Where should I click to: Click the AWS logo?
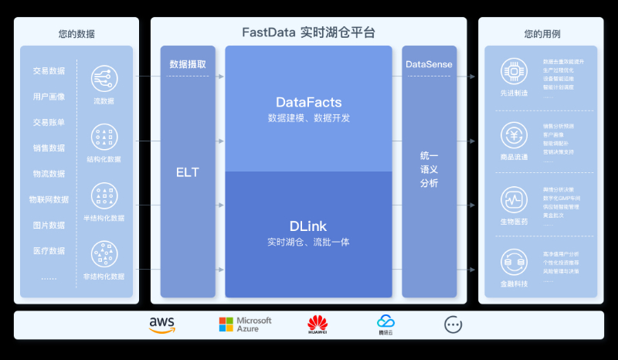(x=162, y=325)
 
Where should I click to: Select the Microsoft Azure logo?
(x=245, y=325)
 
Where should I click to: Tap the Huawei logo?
(x=317, y=325)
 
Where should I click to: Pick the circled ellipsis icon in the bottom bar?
(x=453, y=325)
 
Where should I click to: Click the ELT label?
(x=187, y=172)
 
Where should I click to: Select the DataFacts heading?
(x=309, y=102)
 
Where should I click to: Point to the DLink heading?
(x=309, y=226)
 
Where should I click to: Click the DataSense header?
(x=429, y=64)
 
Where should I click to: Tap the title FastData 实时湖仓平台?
(x=308, y=33)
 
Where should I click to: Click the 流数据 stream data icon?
(x=104, y=78)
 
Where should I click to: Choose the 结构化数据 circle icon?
(x=104, y=137)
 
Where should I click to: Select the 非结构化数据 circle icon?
(x=104, y=253)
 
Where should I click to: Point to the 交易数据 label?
(x=49, y=71)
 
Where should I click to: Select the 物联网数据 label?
(x=49, y=199)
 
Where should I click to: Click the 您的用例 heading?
(x=542, y=34)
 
